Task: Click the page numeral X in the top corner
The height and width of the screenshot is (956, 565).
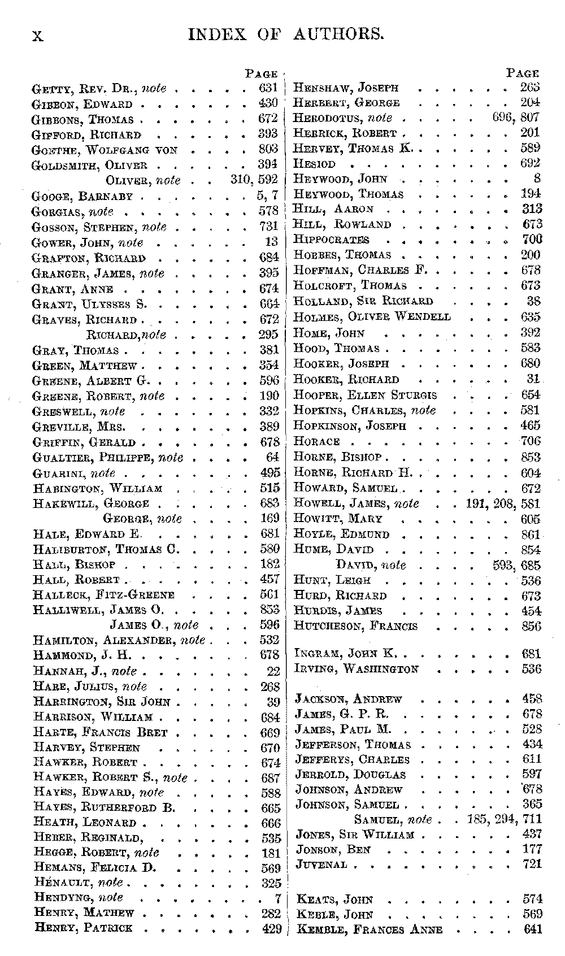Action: [37, 36]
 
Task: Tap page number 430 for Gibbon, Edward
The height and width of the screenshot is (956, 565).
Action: [268, 103]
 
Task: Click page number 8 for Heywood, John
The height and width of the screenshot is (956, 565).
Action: [537, 179]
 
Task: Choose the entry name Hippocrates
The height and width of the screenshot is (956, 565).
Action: [331, 240]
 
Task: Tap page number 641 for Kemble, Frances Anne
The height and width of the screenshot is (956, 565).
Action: [532, 929]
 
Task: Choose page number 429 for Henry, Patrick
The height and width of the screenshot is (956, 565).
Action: [272, 928]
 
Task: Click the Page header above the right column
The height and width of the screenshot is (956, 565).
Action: [522, 73]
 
